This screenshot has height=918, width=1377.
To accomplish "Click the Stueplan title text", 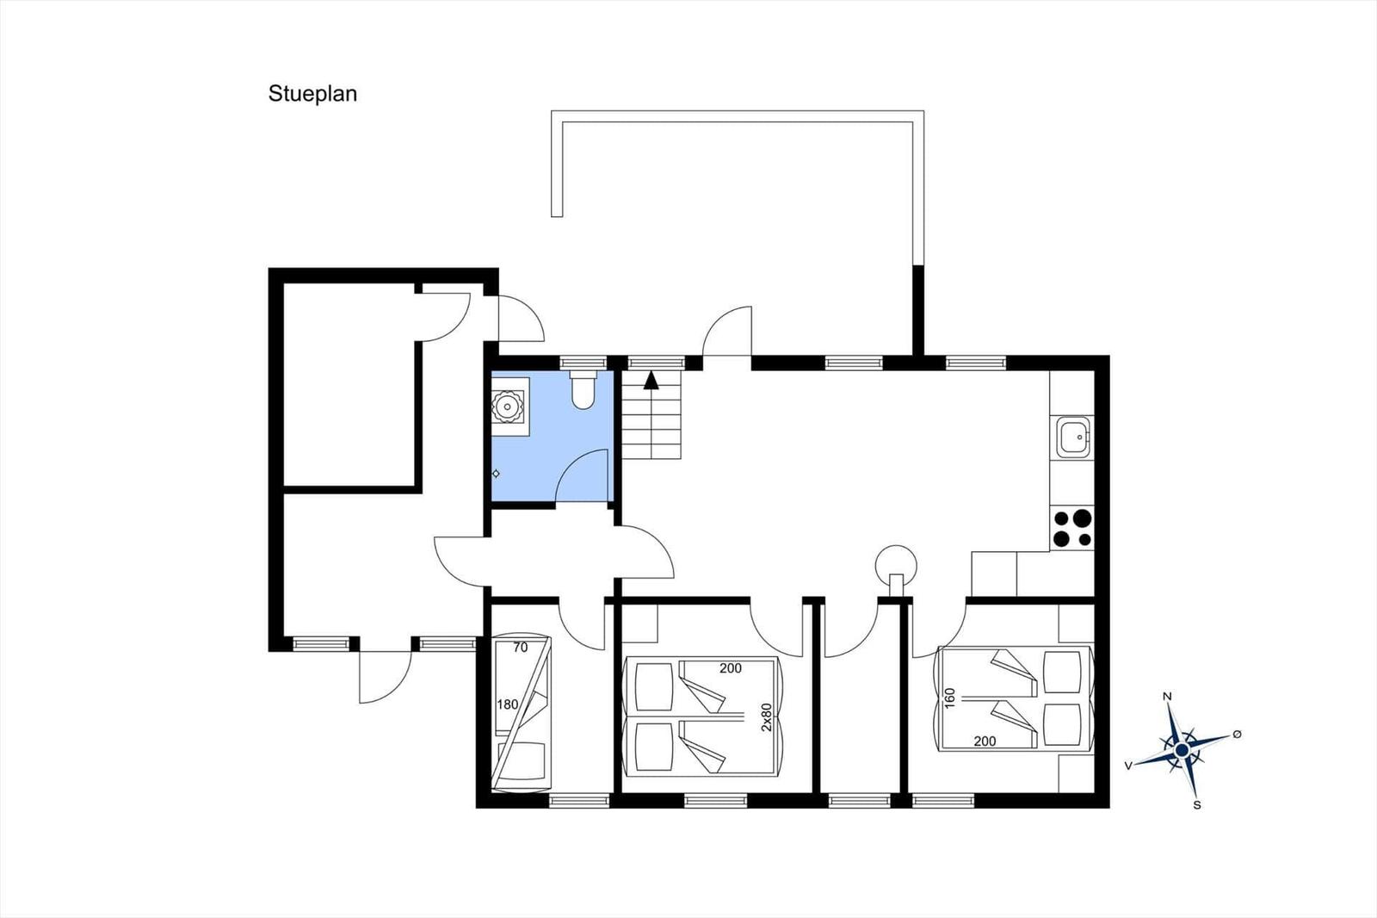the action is tap(312, 94).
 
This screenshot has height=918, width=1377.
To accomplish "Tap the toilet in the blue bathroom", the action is tap(582, 389).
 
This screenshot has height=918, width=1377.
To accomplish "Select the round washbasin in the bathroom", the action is tap(507, 406).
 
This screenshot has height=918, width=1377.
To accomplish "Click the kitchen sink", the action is tap(1073, 437).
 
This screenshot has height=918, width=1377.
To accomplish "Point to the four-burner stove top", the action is tap(1072, 529).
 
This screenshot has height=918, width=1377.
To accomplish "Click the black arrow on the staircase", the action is tap(651, 381).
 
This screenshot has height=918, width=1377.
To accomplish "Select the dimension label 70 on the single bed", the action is tap(520, 648).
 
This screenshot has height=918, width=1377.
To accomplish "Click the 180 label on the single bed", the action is tap(507, 704).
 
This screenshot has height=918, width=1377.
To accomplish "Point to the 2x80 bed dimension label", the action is tap(766, 716).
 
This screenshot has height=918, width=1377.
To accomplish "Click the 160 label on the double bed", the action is tap(950, 698).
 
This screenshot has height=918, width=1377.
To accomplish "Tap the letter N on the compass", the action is tap(1167, 697).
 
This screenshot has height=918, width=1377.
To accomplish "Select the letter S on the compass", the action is tap(1197, 805).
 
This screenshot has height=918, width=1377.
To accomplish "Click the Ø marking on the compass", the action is tap(1237, 734).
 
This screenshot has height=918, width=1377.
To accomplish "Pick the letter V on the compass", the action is tap(1128, 766).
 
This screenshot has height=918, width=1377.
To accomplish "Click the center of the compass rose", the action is tap(1182, 751).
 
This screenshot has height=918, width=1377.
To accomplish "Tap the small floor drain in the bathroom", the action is tap(496, 474).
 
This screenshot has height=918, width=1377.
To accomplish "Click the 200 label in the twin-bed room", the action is tap(731, 668).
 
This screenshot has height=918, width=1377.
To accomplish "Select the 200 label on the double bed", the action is tap(985, 741).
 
